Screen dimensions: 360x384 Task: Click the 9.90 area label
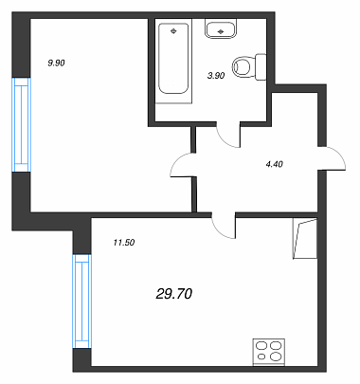(56, 63)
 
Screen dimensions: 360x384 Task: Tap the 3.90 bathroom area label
(216, 76)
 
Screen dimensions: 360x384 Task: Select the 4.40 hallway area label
(274, 164)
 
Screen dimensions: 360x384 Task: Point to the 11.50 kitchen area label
(124, 243)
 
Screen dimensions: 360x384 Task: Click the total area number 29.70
(174, 294)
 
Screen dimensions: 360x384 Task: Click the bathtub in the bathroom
(173, 61)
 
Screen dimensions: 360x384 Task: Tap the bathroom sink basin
(221, 28)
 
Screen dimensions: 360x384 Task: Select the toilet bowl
(242, 67)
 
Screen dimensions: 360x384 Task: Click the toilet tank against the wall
(261, 67)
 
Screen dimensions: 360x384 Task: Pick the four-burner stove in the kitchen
(269, 352)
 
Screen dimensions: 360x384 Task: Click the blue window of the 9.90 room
(22, 124)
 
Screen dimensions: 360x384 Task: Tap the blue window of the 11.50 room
(81, 302)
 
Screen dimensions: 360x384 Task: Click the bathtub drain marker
(173, 30)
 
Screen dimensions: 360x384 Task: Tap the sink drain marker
(221, 31)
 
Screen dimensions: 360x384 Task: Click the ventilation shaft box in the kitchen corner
(305, 238)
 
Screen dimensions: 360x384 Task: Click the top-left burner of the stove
(261, 346)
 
